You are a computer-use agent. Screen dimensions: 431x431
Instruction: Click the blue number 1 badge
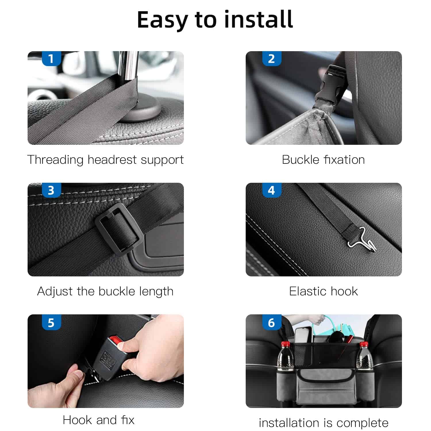(51, 59)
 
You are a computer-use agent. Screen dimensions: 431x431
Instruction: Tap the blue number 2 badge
(272, 59)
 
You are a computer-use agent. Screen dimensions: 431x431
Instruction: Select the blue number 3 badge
(51, 190)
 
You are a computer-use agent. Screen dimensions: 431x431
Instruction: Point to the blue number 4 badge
(272, 190)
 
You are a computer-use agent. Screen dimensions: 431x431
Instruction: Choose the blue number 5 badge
(51, 322)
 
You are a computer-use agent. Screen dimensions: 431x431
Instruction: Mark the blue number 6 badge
(272, 322)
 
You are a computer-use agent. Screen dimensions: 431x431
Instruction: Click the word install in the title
(258, 19)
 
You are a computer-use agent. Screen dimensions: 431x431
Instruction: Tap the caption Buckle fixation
(323, 159)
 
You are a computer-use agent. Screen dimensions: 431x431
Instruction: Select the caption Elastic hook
(324, 291)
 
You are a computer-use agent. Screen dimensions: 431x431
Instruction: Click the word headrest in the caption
(112, 159)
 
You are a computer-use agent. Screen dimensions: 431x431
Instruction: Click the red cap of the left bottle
(284, 344)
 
